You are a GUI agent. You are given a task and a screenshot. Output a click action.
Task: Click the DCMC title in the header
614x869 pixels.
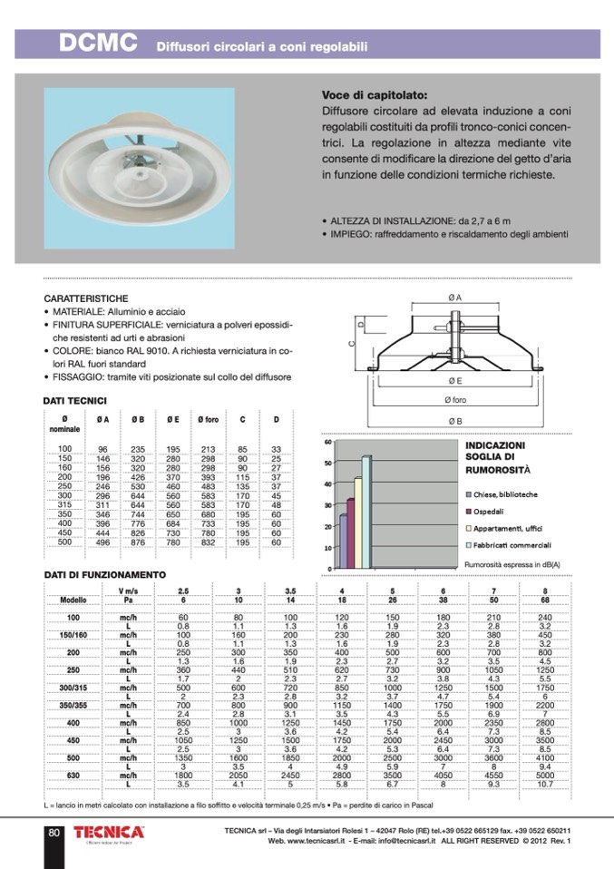coord(98,43)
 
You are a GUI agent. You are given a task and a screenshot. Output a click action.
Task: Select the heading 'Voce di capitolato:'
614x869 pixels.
coord(374,94)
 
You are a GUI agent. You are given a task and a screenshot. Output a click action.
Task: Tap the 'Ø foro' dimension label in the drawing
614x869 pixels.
coord(454,400)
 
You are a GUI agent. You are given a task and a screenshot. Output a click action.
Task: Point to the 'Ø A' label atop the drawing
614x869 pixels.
coord(454,298)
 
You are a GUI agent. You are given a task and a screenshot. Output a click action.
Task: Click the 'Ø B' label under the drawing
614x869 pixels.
coord(454,422)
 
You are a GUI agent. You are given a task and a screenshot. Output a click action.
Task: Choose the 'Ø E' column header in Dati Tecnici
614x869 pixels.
coord(172,419)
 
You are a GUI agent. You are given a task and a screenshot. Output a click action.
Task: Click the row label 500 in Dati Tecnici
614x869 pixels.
coord(64,542)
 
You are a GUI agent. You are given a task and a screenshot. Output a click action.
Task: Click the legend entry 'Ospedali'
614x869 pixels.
coord(491,511)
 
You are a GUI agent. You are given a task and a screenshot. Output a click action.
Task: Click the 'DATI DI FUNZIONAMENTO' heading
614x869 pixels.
coord(105,575)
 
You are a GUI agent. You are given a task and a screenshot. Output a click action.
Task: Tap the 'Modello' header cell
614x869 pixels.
coord(73,600)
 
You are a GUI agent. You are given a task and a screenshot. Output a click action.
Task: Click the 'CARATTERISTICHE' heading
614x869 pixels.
coord(86,298)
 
